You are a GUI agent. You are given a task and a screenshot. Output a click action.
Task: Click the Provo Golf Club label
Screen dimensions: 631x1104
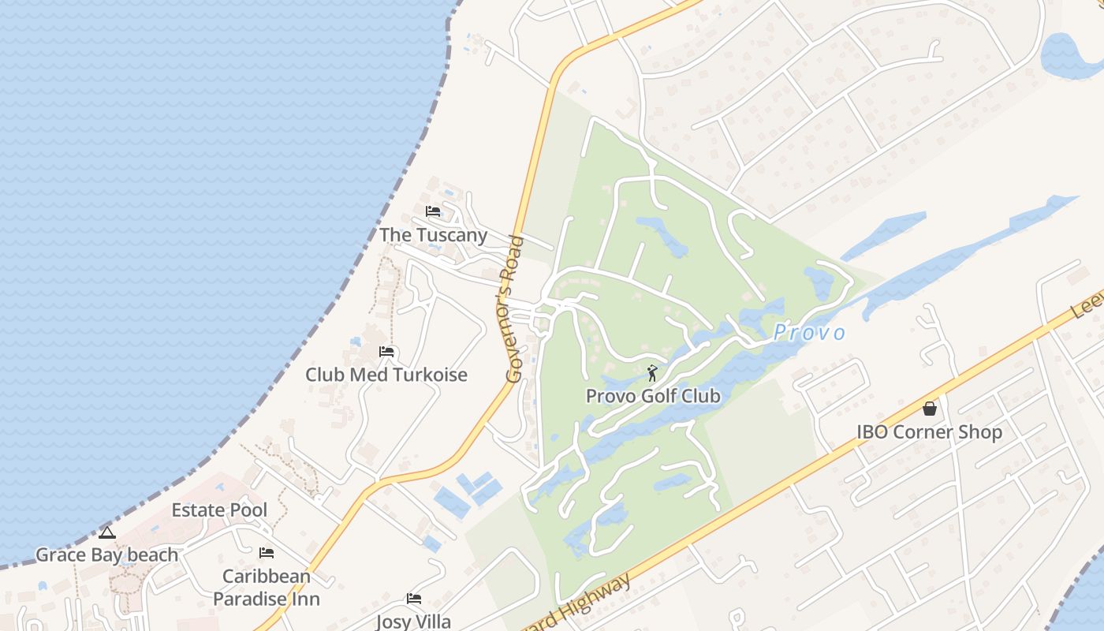tap(653, 396)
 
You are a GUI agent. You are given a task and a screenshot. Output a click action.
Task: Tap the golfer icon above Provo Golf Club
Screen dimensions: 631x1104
tap(652, 373)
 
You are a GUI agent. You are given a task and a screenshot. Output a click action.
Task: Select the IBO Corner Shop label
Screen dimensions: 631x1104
tap(930, 432)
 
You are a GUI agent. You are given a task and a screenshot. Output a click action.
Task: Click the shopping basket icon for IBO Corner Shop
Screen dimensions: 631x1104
tap(930, 409)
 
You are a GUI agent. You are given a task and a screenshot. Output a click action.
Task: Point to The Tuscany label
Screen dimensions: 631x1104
tap(433, 235)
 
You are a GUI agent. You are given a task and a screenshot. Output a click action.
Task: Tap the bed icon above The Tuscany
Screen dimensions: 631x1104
tap(433, 211)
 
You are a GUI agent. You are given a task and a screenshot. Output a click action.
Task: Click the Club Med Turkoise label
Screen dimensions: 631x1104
tap(386, 375)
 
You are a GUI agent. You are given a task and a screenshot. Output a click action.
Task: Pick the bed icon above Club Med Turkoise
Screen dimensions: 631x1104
tap(386, 352)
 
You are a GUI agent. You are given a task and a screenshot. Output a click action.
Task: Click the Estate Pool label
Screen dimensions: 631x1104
tap(219, 510)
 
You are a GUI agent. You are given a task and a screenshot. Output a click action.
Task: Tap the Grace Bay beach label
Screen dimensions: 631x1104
tap(107, 555)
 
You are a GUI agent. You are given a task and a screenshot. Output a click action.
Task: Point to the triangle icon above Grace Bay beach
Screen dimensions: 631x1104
tap(107, 532)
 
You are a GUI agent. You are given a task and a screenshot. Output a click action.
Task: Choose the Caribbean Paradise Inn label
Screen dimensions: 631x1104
tap(267, 588)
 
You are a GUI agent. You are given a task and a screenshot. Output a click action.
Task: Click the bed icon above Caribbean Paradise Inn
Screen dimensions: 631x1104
tap(267, 553)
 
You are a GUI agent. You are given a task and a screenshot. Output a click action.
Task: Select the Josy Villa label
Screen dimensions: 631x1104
tap(413, 621)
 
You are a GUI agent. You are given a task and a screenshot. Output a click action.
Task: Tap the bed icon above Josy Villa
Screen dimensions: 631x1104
tap(413, 599)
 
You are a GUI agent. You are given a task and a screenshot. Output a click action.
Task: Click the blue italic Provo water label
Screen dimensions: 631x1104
tap(809, 333)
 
